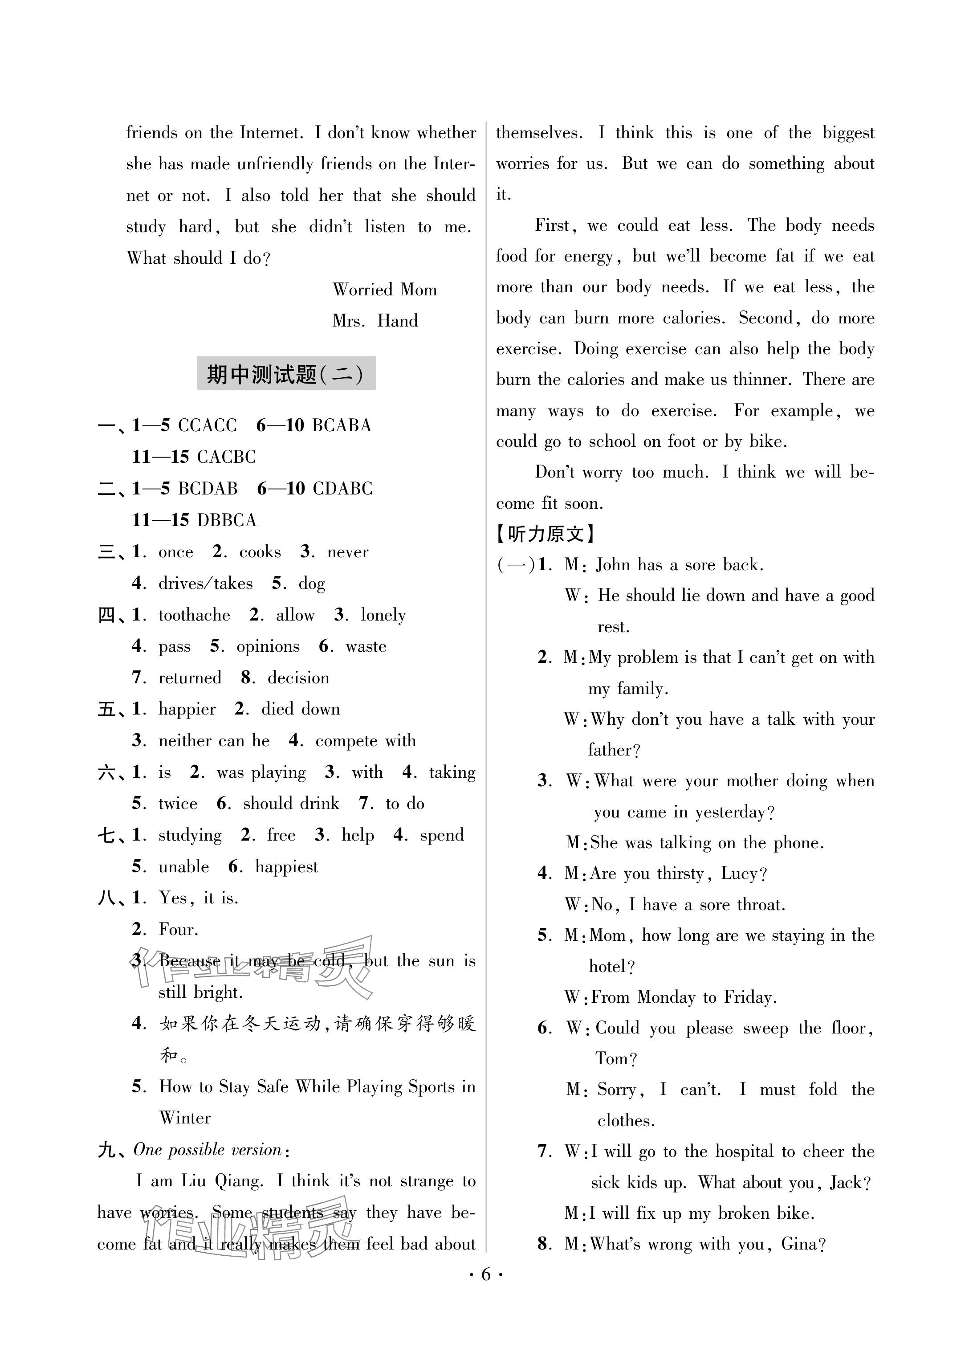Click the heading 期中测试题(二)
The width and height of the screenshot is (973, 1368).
[x=286, y=374]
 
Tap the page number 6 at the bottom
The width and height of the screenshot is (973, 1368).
[x=486, y=1274]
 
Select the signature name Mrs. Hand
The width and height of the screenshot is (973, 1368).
[x=375, y=321]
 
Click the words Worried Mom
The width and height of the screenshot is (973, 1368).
[x=385, y=290]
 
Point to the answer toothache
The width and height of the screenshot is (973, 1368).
[x=194, y=615]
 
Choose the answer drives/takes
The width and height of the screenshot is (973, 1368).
[x=205, y=584]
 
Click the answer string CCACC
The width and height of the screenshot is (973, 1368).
[x=208, y=425]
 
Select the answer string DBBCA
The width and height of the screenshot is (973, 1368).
[x=227, y=520]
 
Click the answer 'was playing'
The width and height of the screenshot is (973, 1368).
[x=261, y=773]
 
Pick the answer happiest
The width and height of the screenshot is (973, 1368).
[x=286, y=867]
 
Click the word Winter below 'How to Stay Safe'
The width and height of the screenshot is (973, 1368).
[x=185, y=1118]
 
